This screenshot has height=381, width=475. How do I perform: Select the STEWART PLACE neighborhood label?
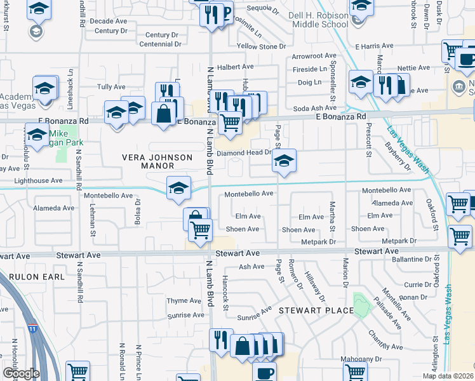pyautogui.click(x=316, y=311)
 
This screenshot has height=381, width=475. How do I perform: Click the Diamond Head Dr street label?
pyautogui.click(x=244, y=153)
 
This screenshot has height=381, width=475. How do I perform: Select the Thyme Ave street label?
pyautogui.click(x=184, y=301)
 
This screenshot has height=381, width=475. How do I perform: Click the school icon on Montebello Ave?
pyautogui.click(x=179, y=187)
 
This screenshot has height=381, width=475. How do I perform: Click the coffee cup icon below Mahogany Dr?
pyautogui.click(x=265, y=372)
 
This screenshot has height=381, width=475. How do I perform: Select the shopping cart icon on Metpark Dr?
pyautogui.click(x=459, y=235)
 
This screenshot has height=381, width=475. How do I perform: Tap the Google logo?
pyautogui.click(x=21, y=373)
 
